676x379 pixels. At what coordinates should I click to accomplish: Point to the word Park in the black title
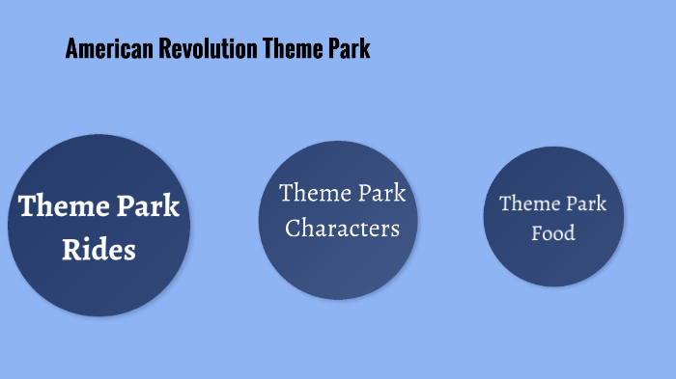[349, 49]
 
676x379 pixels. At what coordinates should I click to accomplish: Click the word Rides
[99, 250]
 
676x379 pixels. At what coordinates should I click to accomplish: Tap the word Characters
[342, 230]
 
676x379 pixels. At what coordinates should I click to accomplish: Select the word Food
[553, 233]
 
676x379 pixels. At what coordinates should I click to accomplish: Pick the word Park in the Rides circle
[148, 206]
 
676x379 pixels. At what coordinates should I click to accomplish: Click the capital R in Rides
[71, 250]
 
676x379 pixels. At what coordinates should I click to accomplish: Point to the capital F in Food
[537, 233]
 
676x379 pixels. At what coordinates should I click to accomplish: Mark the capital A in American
[71, 49]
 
